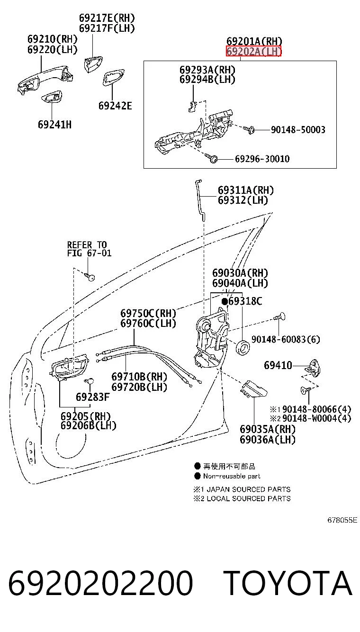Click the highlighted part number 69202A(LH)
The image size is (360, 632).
tap(253, 51)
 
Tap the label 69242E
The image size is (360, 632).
tap(115, 106)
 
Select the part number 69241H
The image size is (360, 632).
tap(55, 125)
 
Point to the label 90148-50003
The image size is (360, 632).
tap(298, 130)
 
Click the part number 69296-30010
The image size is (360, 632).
tap(262, 159)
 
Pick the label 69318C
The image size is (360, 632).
tap(245, 301)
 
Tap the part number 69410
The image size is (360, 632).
tap(278, 365)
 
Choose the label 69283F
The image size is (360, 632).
tap(92, 397)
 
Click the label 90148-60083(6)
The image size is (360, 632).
tap(286, 339)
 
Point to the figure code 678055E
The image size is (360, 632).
tap(342, 520)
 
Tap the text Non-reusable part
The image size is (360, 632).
tap(232, 476)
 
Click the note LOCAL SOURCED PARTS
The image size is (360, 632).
tap(249, 498)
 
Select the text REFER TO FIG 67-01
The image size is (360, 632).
tap(89, 249)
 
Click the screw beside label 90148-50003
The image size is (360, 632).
tap(249, 129)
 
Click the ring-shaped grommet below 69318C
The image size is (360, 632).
tap(243, 347)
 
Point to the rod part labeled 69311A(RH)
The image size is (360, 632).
tap(200, 200)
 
